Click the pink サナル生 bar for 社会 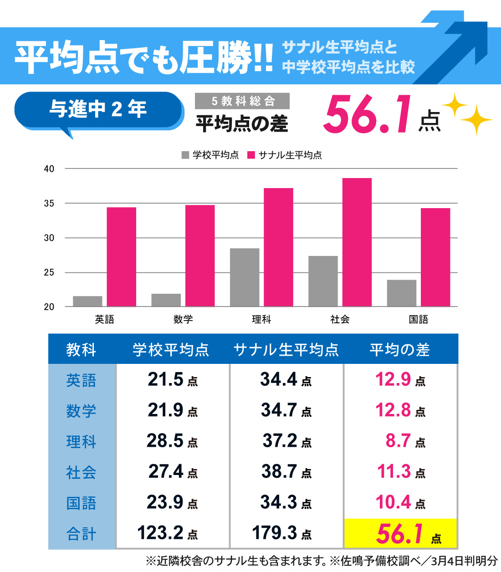pos(357,242)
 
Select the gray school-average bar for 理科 pos(245,277)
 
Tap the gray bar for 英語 pos(87,301)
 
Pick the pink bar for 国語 pos(435,257)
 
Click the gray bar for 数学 pos(166,300)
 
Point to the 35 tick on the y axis pos(49,204)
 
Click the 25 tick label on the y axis pos(49,272)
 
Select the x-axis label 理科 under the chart pos(261,319)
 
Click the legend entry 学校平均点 pos(210,155)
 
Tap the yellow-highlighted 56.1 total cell pos(401,533)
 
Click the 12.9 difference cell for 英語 pos(400,379)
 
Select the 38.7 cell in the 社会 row pos(286,472)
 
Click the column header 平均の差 pos(399,350)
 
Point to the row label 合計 pos(81,533)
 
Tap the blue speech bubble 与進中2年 pos(98,110)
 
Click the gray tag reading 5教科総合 pos(242,101)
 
